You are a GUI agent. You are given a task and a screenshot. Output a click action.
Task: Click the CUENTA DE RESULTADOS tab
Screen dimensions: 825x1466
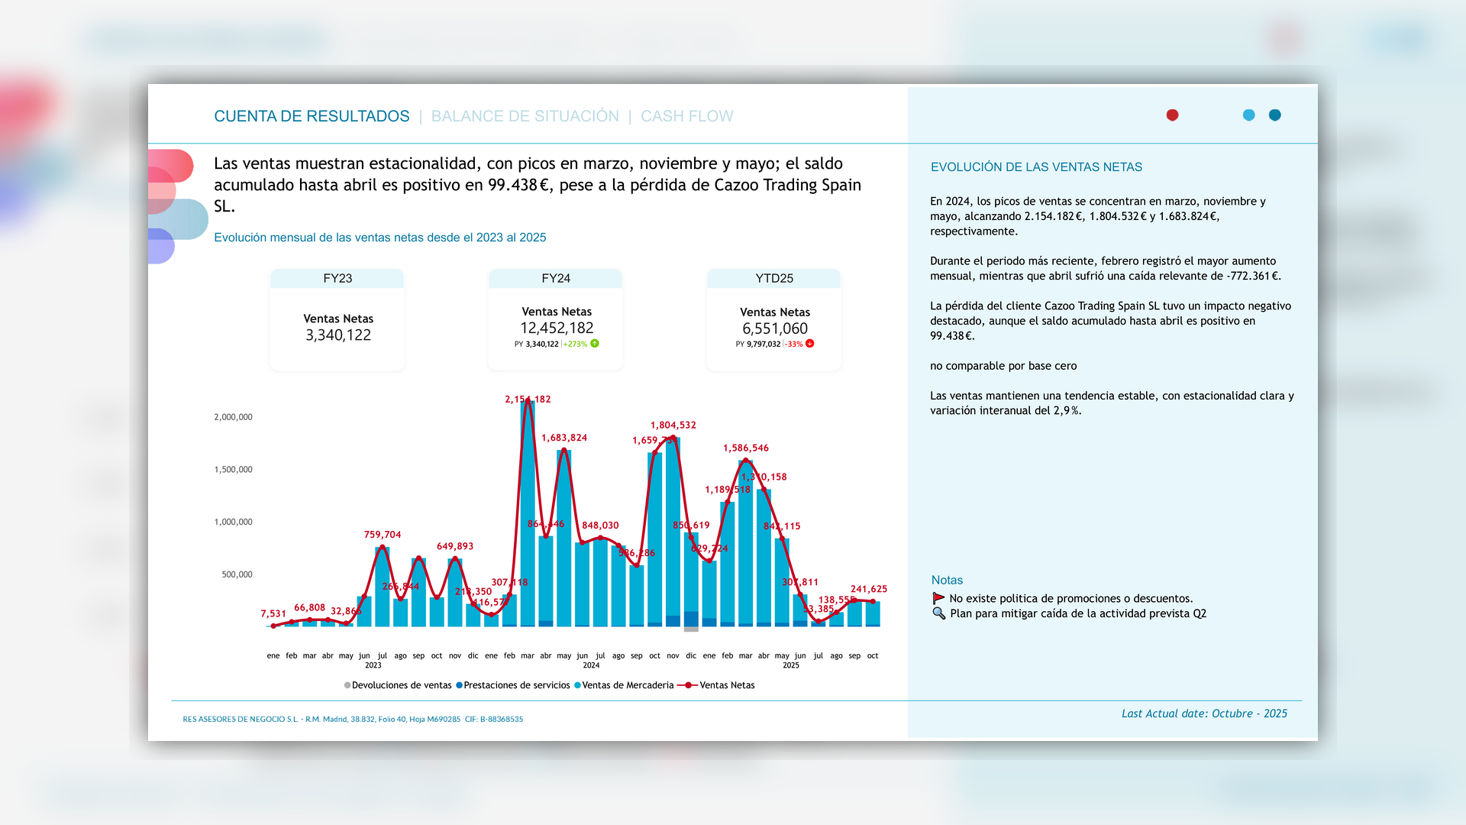coord(312,116)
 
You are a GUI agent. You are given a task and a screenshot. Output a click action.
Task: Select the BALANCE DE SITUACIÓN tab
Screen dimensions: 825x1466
coord(525,116)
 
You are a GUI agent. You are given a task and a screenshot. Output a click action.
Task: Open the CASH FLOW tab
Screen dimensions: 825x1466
coord(686,116)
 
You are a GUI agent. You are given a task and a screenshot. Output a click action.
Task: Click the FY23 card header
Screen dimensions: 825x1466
coord(337,279)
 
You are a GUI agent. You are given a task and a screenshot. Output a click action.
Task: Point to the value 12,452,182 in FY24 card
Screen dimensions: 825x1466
coord(557,328)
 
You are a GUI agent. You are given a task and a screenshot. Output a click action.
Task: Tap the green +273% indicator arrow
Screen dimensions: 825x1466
coord(595,344)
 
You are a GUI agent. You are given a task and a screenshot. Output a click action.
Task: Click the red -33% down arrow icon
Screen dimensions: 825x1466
coord(810,344)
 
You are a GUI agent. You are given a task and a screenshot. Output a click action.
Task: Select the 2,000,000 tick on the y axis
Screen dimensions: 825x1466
coord(233,417)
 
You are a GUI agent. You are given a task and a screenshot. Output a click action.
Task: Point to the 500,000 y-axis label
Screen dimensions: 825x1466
coord(237,574)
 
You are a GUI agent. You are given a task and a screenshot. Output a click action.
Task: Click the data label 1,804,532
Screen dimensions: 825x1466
coord(673,425)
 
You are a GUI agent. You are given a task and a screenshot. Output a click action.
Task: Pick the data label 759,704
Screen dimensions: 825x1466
coord(382,535)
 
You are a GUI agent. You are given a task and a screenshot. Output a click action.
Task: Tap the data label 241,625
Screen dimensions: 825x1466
coord(869,589)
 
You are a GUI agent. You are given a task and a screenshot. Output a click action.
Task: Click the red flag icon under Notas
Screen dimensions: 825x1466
coord(938,598)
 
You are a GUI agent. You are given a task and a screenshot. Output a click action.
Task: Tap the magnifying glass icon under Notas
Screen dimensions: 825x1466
coord(938,613)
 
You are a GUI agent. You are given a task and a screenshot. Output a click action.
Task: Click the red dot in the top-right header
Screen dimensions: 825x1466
coord(1172,115)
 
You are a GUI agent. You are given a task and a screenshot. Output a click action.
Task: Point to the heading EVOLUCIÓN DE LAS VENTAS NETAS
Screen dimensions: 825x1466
coord(1036,167)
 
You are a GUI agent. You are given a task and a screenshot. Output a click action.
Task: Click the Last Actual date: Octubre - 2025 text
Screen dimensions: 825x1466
coord(1204,713)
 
